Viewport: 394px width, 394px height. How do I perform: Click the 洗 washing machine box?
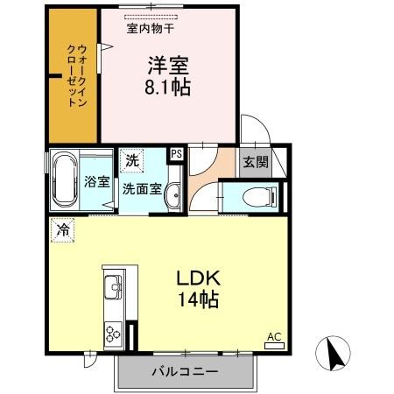[131, 160]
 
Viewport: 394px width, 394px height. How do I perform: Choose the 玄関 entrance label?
[256, 162]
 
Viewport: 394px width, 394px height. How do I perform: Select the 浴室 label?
[96, 182]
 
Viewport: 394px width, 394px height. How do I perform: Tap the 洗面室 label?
[141, 187]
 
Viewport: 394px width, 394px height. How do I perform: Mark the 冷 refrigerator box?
[63, 230]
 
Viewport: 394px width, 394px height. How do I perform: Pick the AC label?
[273, 337]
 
